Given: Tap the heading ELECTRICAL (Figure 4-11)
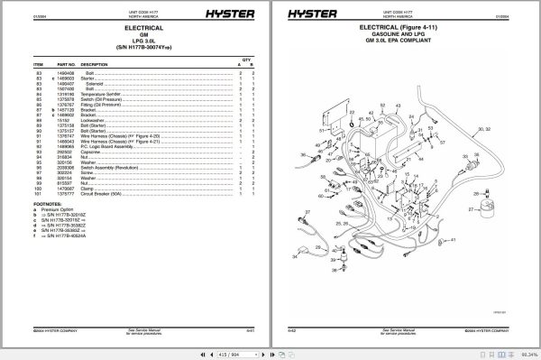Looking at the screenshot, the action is (402, 27).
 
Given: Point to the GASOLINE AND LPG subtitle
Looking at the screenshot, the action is (402, 34).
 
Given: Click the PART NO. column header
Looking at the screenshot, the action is (66, 65).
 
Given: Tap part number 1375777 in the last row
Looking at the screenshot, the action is (66, 194).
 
